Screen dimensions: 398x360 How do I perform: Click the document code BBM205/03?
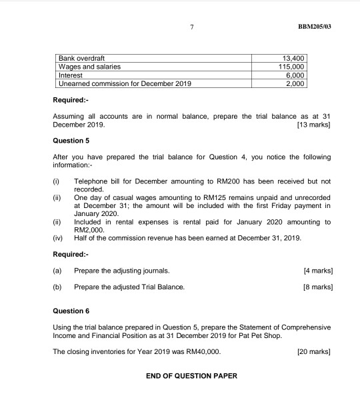(314, 27)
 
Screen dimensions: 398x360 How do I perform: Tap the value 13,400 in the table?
(293, 59)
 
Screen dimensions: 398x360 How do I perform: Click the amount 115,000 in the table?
(291, 67)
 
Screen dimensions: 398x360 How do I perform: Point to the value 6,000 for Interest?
(295, 75)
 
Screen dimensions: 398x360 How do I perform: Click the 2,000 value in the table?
(295, 84)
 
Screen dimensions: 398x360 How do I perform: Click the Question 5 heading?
(70, 141)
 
